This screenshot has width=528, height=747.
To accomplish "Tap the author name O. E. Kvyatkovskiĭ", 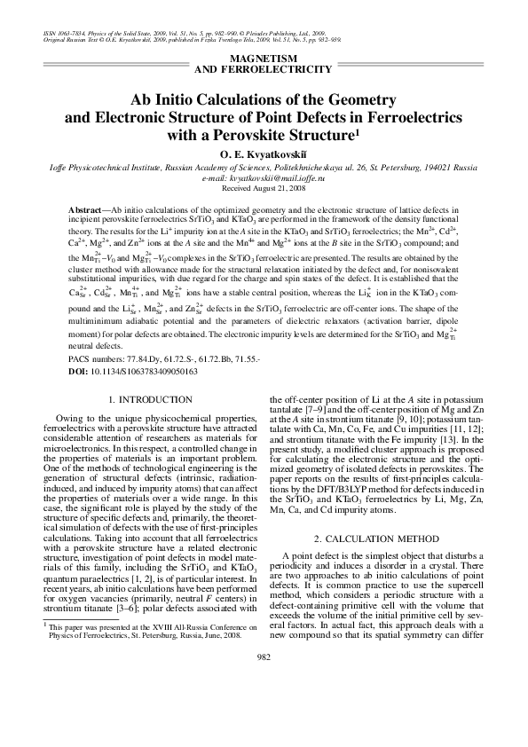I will point(264,153).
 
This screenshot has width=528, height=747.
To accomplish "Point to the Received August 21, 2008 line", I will point(264,188).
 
